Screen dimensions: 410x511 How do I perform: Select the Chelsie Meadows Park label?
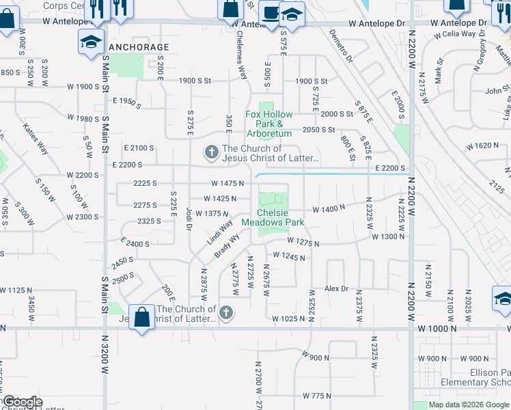click(x=281, y=217)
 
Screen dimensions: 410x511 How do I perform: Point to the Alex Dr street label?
click(x=336, y=289)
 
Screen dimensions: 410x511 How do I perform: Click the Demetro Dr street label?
click(x=340, y=45)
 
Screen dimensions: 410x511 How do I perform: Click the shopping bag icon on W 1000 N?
click(x=141, y=318)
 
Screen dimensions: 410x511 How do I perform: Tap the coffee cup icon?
click(x=271, y=14)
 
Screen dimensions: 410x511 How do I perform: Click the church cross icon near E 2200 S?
click(x=212, y=152)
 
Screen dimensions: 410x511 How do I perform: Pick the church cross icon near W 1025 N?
click(x=227, y=314)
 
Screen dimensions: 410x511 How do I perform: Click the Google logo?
click(x=22, y=402)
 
